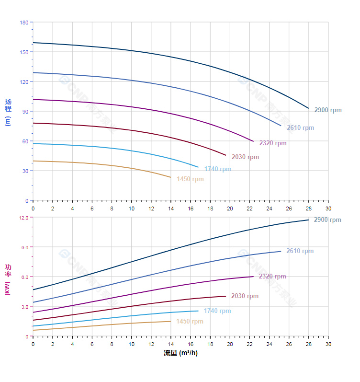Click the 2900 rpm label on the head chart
(x=328, y=110)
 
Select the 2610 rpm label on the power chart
(x=300, y=251)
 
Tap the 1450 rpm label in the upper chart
(x=190, y=179)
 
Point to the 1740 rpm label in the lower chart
(x=217, y=311)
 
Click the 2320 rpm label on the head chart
(x=273, y=143)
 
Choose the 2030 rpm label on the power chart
(x=245, y=296)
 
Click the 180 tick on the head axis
(x=24, y=23)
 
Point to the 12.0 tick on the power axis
(x=24, y=218)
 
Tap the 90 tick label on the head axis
(x=25, y=112)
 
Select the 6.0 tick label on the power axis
(x=25, y=277)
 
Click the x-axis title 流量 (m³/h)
(x=180, y=353)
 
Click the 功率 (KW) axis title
(x=8, y=279)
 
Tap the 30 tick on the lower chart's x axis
(x=328, y=344)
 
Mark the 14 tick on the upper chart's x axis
(x=171, y=208)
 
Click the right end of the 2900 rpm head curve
(x=308, y=108)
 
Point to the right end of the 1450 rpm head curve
(x=170, y=177)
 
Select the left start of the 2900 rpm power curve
(x=34, y=289)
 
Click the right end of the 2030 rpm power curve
(x=225, y=296)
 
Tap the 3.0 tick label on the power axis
(x=25, y=307)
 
